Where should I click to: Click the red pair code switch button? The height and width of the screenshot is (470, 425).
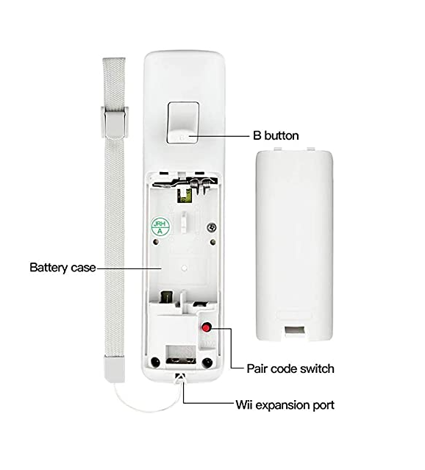(206, 327)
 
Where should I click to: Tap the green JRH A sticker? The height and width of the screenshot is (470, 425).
(160, 227)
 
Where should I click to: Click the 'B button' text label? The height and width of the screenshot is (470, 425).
(276, 136)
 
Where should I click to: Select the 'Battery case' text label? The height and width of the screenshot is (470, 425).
(63, 268)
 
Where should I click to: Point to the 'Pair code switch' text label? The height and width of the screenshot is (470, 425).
(290, 368)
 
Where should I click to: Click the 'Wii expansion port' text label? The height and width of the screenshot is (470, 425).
(285, 405)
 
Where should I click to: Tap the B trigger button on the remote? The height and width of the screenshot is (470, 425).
(183, 123)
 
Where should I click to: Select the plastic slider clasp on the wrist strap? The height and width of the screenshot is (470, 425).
(115, 123)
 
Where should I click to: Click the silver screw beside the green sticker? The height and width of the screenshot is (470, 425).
(212, 227)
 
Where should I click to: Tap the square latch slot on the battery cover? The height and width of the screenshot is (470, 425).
(296, 331)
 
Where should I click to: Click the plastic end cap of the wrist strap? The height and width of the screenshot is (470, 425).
(114, 369)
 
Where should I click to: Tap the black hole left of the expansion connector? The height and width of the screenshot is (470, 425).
(155, 363)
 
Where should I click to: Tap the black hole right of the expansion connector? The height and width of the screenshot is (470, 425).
(207, 363)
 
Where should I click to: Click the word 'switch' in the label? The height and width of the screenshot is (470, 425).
(317, 368)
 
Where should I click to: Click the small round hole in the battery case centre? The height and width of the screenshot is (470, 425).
(184, 268)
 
